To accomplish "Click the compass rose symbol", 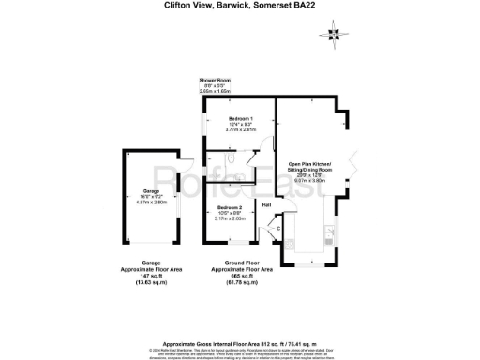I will pyautogui.click(x=334, y=35).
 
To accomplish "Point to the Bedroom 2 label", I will pyautogui.click(x=230, y=206).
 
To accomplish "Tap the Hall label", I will pyautogui.click(x=266, y=205).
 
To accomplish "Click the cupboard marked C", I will pyautogui.click(x=278, y=228).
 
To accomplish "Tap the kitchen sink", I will pyautogui.click(x=329, y=232).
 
